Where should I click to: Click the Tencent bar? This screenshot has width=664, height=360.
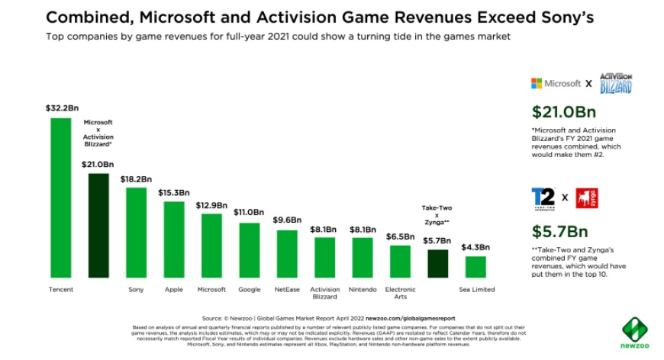point(60,198)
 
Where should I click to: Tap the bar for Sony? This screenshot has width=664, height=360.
point(136,233)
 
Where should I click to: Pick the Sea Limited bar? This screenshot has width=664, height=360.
point(475,267)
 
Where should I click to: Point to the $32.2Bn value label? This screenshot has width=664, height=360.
point(61,109)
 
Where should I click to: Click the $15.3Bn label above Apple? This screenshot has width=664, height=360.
point(174,193)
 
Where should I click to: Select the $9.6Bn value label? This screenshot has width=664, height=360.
point(287,220)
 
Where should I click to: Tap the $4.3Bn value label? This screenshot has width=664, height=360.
point(475,247)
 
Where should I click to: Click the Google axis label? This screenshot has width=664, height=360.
point(249,290)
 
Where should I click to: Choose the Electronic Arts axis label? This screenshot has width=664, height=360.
point(400,293)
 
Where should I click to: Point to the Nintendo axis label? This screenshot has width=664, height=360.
point(363,290)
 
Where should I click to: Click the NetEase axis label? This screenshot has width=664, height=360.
point(287,290)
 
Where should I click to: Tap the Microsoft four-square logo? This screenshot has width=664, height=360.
point(537,83)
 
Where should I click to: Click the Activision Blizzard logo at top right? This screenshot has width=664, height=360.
point(615,83)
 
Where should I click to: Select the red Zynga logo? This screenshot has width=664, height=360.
point(586,198)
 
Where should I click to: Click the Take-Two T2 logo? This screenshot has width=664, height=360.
point(543,198)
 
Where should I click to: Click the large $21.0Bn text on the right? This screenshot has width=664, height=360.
point(563,112)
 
